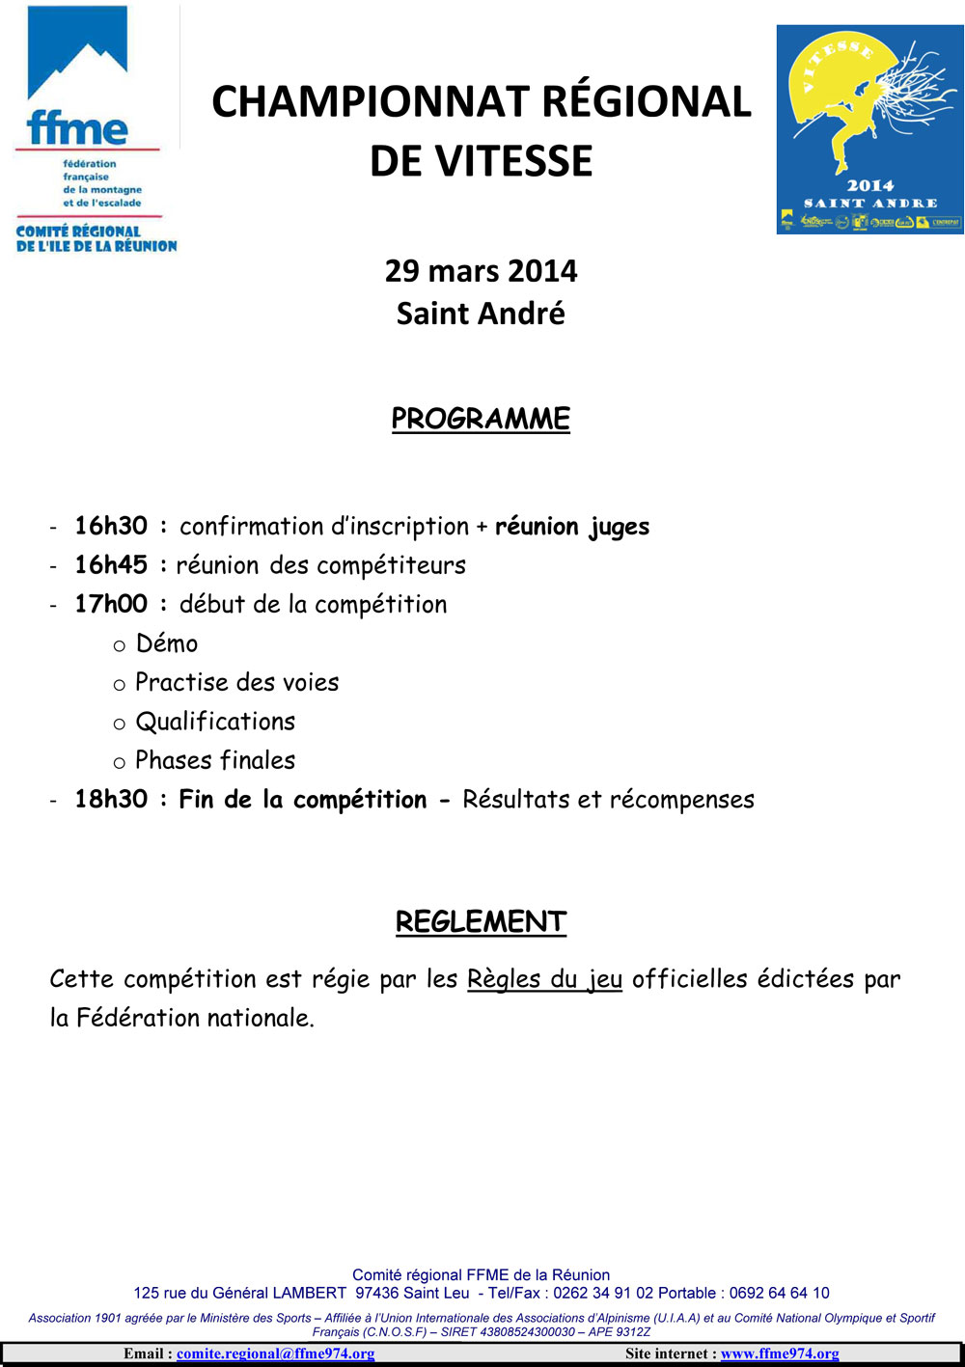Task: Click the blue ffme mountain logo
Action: point(77,77)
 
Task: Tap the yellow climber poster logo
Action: point(869,129)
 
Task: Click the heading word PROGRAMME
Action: point(481,419)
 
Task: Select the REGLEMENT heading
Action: point(481,921)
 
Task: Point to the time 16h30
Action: point(111,526)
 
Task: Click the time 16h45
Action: point(111,564)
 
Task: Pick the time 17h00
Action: point(111,604)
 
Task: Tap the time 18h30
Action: point(111,799)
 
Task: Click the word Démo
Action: point(167,643)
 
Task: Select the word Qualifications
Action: point(215,722)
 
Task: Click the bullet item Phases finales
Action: point(215,760)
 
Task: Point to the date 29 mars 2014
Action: point(481,271)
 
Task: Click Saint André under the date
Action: point(481,314)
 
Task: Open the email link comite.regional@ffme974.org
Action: point(275,1353)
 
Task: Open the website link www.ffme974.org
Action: point(780,1353)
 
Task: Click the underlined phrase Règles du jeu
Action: point(544,979)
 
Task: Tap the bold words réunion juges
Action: point(572,527)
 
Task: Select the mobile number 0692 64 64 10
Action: point(779,1293)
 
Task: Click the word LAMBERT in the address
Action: point(309,1293)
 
